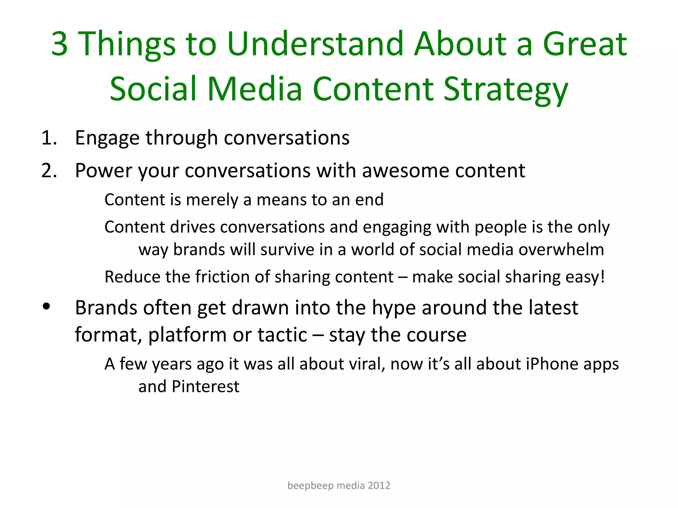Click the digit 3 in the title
tap(60, 44)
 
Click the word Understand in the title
tap(315, 44)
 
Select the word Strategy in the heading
tap(506, 89)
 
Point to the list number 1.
tap(49, 138)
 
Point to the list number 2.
tap(49, 171)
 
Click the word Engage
tap(107, 138)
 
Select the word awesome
tap(406, 171)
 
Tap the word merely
tap(212, 200)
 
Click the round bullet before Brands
tap(46, 307)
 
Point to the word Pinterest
tap(205, 386)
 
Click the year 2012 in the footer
tap(379, 486)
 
